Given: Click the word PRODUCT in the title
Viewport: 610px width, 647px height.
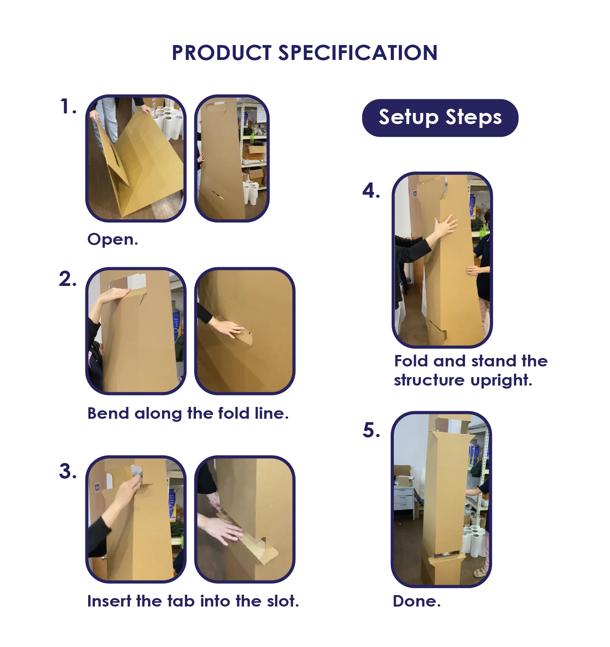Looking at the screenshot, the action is [222, 53].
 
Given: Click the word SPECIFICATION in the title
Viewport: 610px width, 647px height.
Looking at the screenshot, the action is [358, 53].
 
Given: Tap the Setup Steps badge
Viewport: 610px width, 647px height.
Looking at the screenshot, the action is [440, 118].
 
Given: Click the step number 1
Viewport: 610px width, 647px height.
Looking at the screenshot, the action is [68, 106].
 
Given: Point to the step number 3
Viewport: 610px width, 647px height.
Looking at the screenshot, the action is [68, 471].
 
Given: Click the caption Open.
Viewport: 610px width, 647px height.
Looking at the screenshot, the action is [112, 239].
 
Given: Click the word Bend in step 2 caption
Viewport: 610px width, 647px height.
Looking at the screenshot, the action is [108, 413].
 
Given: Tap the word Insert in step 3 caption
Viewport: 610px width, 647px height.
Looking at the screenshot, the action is [109, 601].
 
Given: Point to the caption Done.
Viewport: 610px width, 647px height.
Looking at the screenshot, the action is [417, 601].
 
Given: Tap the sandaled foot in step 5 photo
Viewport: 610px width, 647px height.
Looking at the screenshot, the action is [481, 572].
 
